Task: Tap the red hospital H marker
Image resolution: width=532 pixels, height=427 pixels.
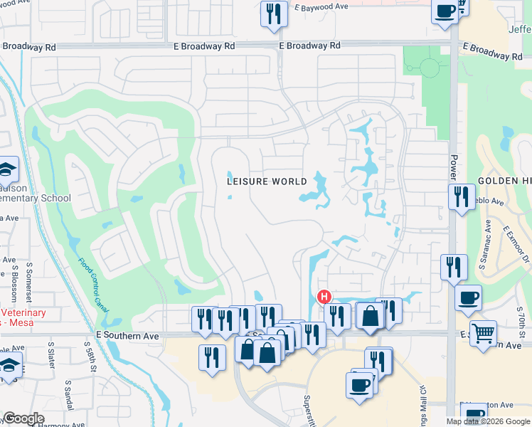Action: [x=324, y=296]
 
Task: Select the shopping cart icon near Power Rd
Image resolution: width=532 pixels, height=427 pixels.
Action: [x=483, y=331]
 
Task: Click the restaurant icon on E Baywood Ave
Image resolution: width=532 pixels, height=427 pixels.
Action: [x=273, y=14]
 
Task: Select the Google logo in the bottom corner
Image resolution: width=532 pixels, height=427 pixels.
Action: [x=23, y=418]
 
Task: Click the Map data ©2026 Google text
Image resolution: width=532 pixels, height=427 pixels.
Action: [x=488, y=421]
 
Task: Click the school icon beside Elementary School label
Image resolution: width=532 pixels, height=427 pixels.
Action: [x=6, y=169]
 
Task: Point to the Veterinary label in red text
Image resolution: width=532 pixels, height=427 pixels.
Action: [x=23, y=313]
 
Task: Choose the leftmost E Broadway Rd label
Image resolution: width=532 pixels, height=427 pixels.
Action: [x=29, y=48]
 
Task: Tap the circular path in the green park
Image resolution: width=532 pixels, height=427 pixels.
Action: [x=429, y=68]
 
